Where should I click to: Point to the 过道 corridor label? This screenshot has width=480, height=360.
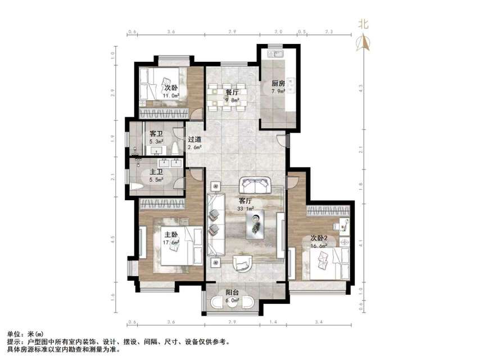(195, 139)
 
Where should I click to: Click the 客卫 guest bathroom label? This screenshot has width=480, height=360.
(156, 134)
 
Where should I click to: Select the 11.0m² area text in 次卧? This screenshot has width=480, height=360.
(170, 96)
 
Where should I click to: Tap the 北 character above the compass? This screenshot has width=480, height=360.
(364, 24)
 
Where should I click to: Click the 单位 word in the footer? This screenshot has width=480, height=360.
(13, 333)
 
